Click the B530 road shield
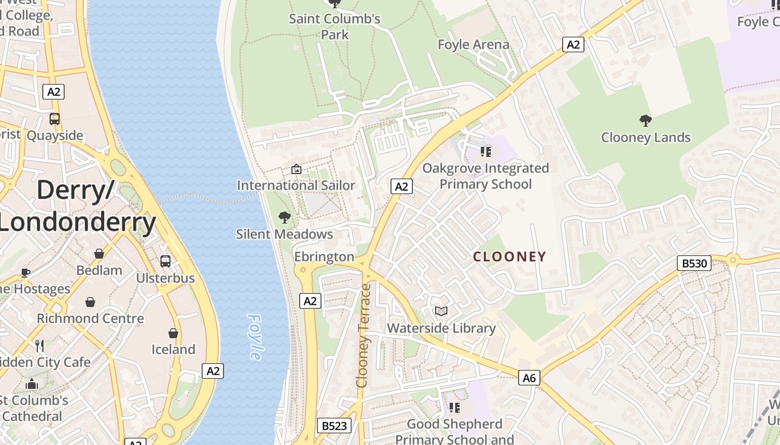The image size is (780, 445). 694,263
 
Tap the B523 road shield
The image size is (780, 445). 335,426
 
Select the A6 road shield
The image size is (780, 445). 529,378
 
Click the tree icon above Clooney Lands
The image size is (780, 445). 646,120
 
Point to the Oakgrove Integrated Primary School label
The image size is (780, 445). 485,176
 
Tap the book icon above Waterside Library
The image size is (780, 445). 441,311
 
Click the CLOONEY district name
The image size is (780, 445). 509,256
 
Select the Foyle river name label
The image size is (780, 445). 255,337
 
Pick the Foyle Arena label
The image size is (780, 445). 474,44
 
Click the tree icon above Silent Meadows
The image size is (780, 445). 285,217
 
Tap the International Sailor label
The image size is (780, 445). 296,185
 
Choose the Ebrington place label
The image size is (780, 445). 324,256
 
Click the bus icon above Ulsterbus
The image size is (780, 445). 165,261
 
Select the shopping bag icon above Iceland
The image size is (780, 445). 173,333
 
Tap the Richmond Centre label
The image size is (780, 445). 90,319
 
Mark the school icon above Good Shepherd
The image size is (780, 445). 455,408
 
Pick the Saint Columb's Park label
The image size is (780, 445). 334,26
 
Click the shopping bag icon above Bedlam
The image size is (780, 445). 99,254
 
